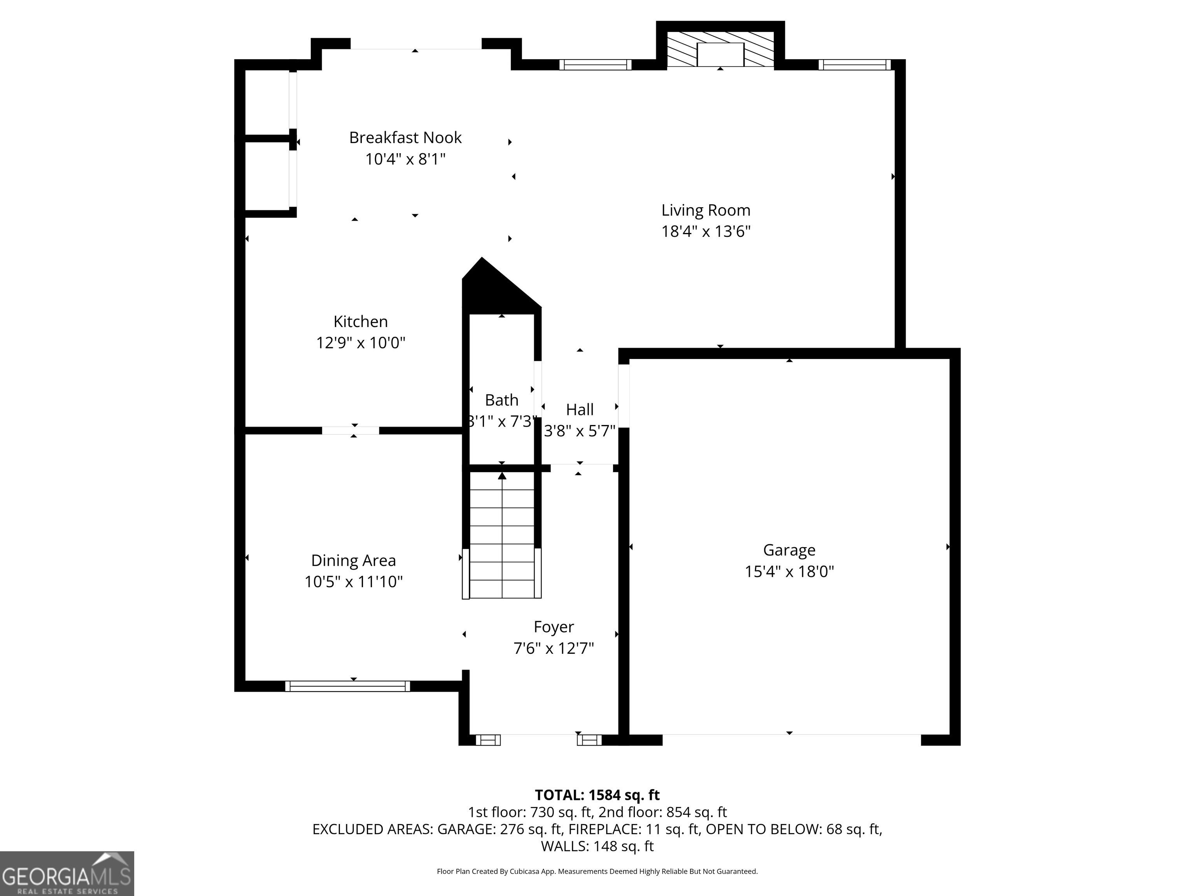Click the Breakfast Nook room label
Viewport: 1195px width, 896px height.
pos(405,138)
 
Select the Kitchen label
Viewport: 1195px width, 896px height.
pos(360,321)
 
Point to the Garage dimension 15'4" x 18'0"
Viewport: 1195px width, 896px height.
pos(789,571)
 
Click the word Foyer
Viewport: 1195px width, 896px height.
pos(554,626)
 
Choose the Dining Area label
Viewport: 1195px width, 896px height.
pos(353,561)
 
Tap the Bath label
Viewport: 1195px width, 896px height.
pos(501,400)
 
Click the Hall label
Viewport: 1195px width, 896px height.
pos(580,410)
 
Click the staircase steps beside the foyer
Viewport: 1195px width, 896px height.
pos(502,535)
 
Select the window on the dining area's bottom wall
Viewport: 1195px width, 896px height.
pos(347,686)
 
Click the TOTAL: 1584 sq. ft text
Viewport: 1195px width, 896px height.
pos(597,795)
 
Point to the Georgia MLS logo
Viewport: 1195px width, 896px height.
pos(67,873)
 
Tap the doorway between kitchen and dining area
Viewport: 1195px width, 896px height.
pos(350,430)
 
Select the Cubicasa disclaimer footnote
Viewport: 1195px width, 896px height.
pos(597,871)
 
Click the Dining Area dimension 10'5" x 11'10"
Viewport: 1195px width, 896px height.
pos(353,582)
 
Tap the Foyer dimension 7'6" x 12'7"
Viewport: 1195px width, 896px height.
pos(554,648)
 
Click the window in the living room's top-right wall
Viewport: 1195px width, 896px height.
pos(854,65)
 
